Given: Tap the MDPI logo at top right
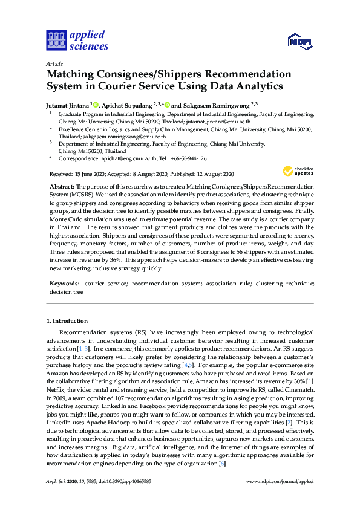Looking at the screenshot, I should click(x=299, y=42).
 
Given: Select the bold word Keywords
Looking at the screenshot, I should click(x=65, y=283).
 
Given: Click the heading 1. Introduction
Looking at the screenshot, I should click(x=67, y=320).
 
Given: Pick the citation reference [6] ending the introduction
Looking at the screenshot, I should click(x=223, y=462).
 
